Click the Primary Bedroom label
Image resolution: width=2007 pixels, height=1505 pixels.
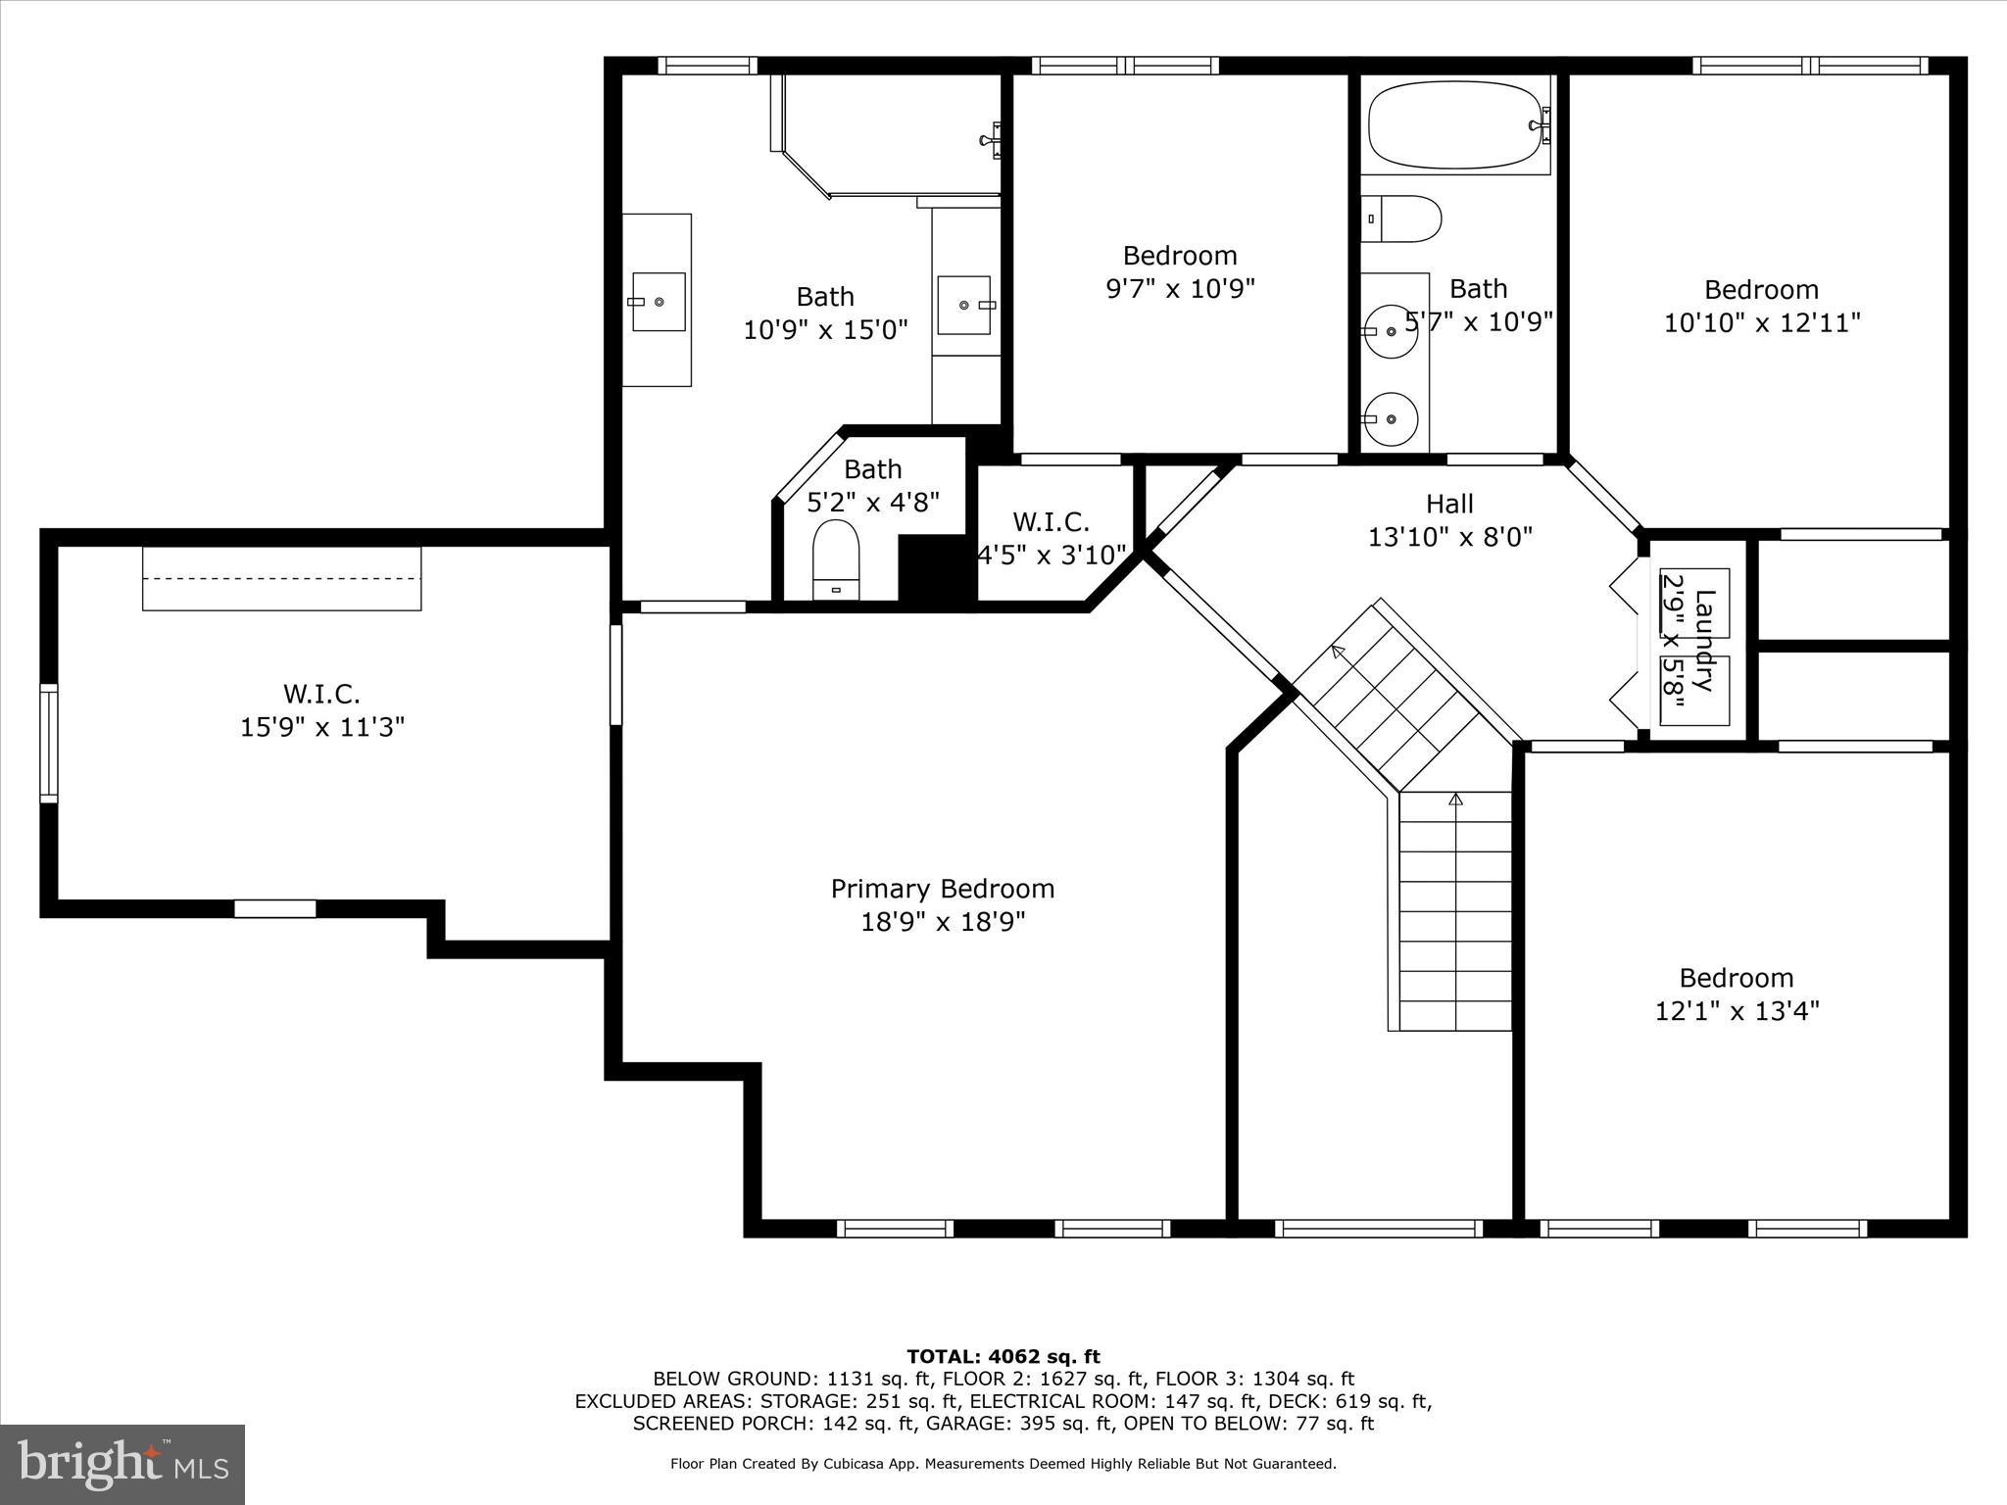point(943,889)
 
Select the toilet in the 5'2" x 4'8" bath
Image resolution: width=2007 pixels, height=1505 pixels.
point(836,560)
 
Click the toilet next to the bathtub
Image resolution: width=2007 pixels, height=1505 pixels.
point(1403,218)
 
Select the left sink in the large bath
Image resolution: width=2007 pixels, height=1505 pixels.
point(658,302)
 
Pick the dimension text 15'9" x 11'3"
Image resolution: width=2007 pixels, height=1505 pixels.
point(322,727)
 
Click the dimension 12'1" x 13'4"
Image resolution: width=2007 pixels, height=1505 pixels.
point(1737,1011)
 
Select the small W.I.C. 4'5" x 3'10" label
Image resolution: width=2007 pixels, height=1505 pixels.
point(1052,539)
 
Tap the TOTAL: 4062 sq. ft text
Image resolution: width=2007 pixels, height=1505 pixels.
point(1003,1357)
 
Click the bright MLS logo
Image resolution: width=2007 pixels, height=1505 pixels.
point(122,1464)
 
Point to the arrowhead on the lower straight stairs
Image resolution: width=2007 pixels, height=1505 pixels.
point(1455,800)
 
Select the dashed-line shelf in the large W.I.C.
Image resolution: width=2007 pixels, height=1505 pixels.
point(281,579)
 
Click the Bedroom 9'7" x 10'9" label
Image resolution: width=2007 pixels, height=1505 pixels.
point(1180,271)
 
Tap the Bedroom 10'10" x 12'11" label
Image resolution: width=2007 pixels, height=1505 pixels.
point(1761,306)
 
